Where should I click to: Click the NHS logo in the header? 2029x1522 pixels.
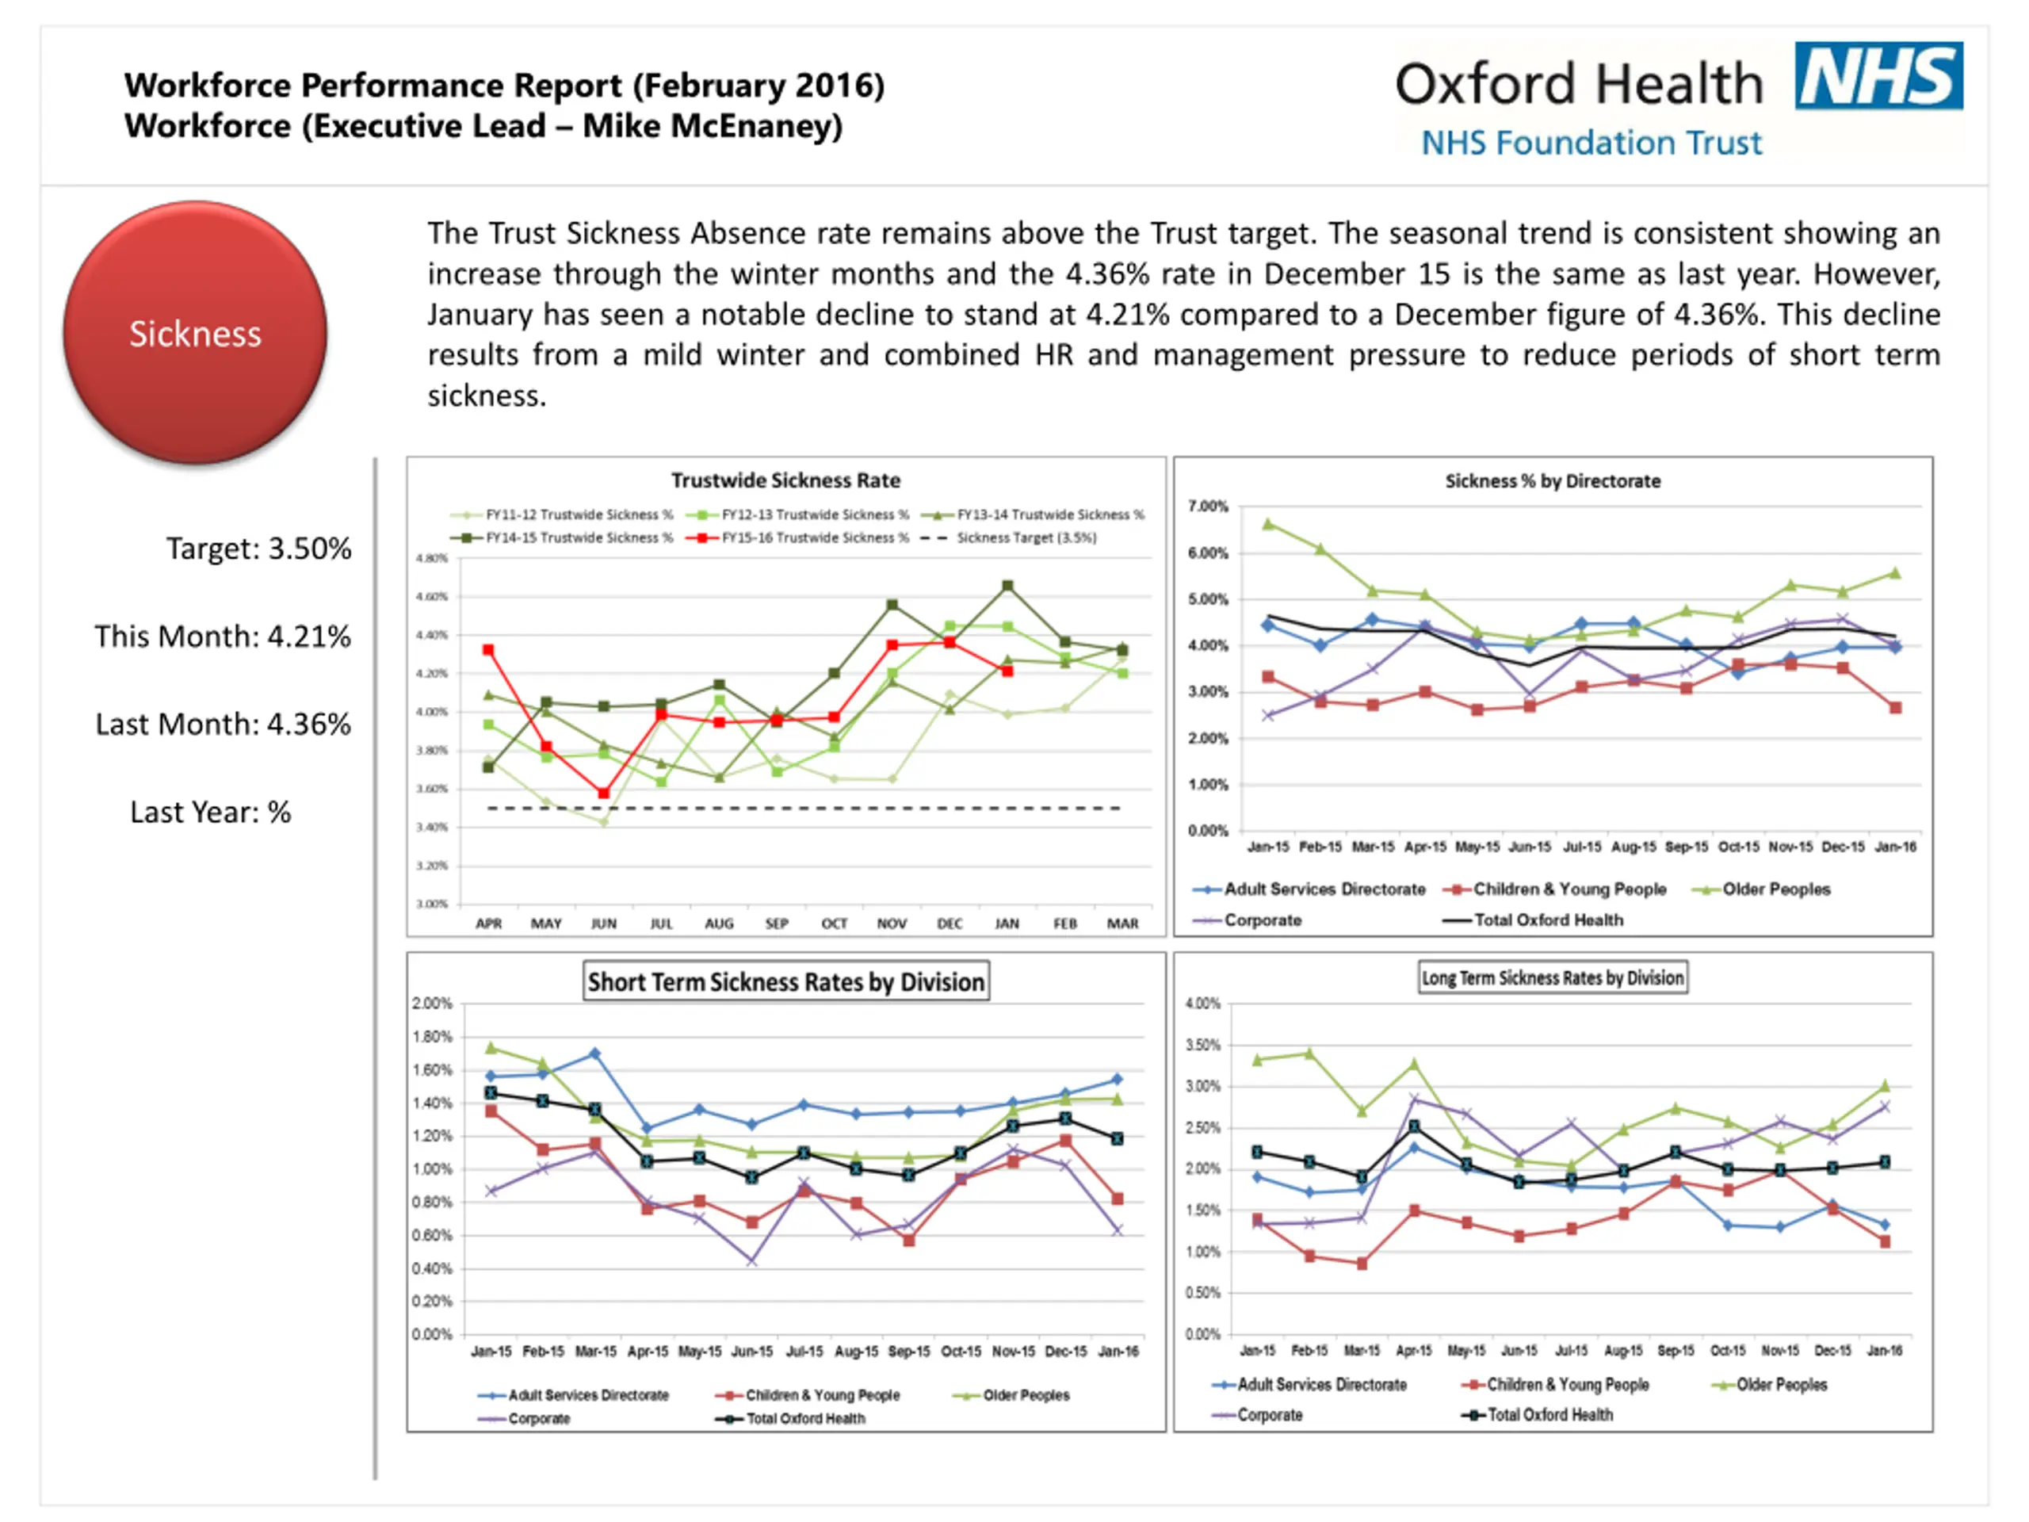1878,75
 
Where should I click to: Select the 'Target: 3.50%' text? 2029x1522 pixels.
258,549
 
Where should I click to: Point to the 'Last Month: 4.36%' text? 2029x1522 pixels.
223,724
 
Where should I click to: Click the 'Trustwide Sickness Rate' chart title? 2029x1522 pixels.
785,480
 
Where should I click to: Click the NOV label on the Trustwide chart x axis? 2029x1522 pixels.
892,924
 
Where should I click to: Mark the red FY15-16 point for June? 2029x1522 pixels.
604,793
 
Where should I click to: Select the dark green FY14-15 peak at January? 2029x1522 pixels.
1007,585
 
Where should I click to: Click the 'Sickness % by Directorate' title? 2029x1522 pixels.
1552,480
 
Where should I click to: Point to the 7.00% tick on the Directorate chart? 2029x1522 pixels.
1207,507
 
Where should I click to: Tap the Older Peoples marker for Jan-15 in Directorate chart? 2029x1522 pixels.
1267,524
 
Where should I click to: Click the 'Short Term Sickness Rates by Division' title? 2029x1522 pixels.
786,981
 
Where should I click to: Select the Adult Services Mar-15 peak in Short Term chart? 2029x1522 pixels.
594,1054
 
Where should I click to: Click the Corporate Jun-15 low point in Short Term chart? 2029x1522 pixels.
752,1261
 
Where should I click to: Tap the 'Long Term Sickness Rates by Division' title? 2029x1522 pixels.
1552,978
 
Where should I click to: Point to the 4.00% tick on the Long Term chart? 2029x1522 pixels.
1202,1004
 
